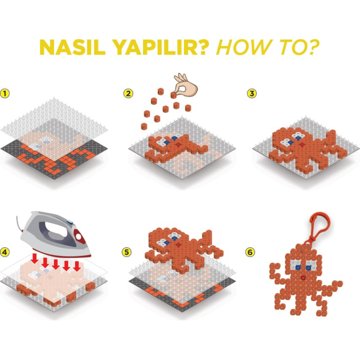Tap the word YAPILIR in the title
tap(152, 47)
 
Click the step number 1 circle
tap(5, 94)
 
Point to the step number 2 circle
tap(128, 94)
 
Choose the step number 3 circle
tap(252, 94)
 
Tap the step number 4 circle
tap(5, 252)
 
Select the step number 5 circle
tap(126, 252)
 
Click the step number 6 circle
tap(250, 252)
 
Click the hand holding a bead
tap(185, 85)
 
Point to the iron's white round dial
tap(79, 237)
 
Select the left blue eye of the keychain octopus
tap(298, 267)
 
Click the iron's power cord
tap(19, 223)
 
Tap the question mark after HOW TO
tap(312, 47)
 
